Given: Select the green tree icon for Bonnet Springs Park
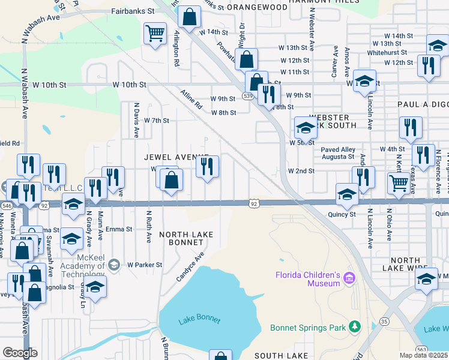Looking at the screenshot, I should [x=355, y=327].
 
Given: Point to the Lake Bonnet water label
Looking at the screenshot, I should [x=199, y=320].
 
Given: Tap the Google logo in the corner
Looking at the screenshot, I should [x=20, y=353].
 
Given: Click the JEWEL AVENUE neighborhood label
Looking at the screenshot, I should [x=176, y=157].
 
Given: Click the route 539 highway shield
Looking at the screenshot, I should [x=247, y=95].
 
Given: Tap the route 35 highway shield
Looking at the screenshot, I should [x=382, y=338].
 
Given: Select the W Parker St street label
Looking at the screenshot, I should [x=144, y=264].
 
